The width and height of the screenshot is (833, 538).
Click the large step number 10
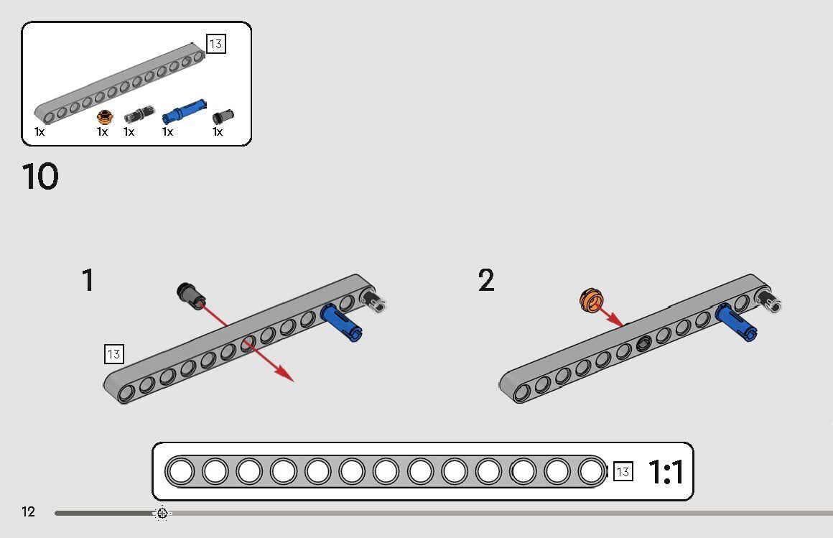pos(40,177)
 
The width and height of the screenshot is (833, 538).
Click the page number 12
pos(28,511)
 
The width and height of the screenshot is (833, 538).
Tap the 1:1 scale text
pos(666,472)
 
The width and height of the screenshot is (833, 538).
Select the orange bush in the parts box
pos(105,116)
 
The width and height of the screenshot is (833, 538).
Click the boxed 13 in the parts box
pos(215,44)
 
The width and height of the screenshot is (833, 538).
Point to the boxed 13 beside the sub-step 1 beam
pos(113,353)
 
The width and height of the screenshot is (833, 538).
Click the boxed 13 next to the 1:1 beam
pos(623,472)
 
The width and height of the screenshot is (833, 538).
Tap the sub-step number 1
pos(88,280)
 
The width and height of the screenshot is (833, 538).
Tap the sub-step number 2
pos(486,280)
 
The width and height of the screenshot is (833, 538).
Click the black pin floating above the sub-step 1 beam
pos(190,294)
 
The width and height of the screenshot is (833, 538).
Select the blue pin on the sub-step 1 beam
pos(341,323)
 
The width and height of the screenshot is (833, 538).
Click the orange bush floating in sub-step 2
pos(590,301)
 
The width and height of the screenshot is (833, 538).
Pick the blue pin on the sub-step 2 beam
pos(735,323)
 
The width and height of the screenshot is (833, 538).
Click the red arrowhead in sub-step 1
pos(285,374)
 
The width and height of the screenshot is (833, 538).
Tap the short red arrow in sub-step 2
pos(612,315)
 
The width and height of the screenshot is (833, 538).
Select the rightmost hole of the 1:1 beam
pos(591,472)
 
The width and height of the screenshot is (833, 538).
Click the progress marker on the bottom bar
pos(162,513)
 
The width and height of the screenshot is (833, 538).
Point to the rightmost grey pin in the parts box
pos(223,116)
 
